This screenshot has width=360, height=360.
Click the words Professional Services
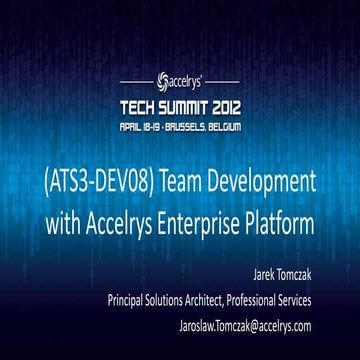tap(276, 299)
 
